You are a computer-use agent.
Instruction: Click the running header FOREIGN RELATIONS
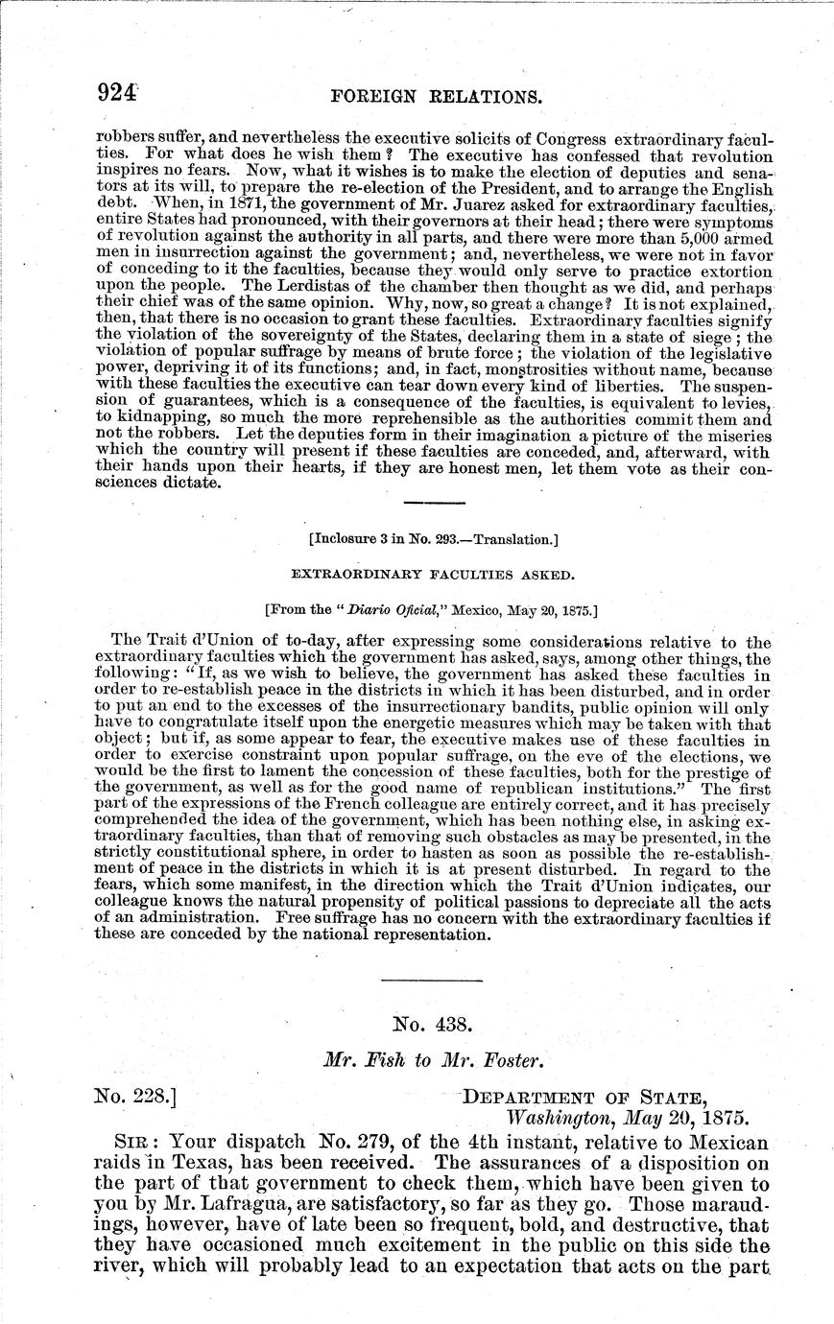click(436, 97)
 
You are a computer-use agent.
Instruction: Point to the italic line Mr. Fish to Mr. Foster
click(433, 1060)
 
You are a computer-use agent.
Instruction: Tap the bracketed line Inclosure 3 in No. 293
click(433, 539)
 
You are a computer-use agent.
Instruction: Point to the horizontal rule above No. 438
click(431, 980)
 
